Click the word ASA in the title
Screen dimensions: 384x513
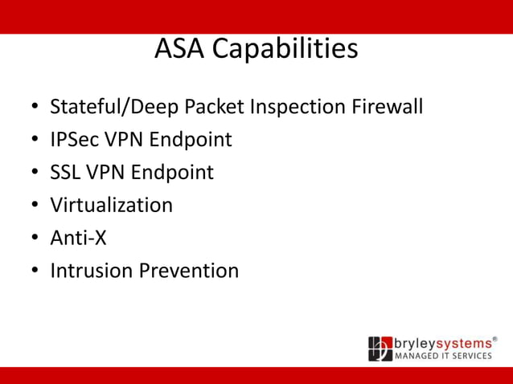(178, 49)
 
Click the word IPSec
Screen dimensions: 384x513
(72, 140)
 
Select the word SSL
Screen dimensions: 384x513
(65, 173)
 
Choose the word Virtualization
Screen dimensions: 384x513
(111, 205)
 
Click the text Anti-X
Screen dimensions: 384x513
(78, 238)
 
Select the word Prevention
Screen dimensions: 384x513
(189, 271)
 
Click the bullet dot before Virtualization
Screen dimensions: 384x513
(35, 206)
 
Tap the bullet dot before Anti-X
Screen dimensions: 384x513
(35, 239)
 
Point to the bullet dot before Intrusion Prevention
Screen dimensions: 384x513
(35, 272)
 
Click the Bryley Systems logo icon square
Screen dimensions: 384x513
(380, 349)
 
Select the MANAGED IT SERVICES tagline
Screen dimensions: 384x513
(442, 356)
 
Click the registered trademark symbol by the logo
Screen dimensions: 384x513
(495, 339)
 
